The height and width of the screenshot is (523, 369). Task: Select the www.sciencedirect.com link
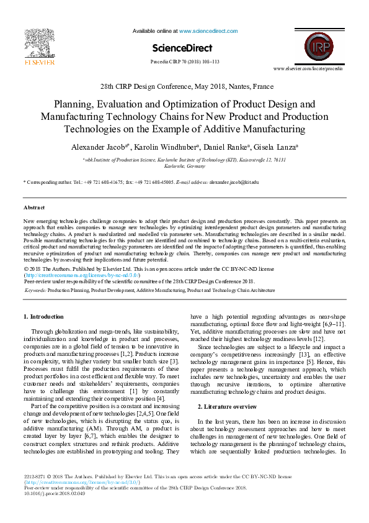click(204, 30)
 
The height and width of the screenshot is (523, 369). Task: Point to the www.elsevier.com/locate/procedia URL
click(307, 68)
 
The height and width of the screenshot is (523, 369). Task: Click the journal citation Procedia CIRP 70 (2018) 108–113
click(185, 62)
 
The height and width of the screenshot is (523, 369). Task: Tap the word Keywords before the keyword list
click(35, 290)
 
